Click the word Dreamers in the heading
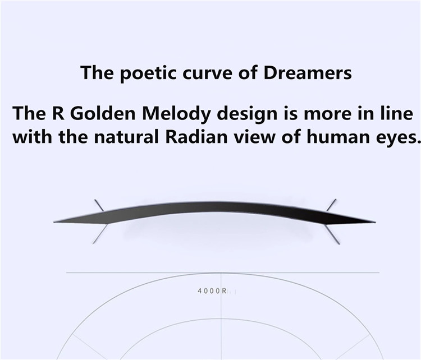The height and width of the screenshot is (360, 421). pyautogui.click(x=308, y=73)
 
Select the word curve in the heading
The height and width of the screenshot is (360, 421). pyautogui.click(x=207, y=75)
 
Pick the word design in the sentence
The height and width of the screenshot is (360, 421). pyautogui.click(x=247, y=115)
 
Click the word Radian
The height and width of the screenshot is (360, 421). pyautogui.click(x=196, y=137)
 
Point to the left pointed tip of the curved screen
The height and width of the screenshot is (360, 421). pyautogui.click(x=54, y=222)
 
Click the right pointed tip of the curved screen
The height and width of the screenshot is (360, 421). pyautogui.click(x=375, y=222)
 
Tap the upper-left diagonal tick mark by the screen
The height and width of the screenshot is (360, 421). pyautogui.click(x=99, y=205)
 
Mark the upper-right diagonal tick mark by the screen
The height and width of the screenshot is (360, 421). pyautogui.click(x=331, y=205)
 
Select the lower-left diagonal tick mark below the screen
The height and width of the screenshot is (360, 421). pyautogui.click(x=100, y=234)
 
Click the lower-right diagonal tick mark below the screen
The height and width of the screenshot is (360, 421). pyautogui.click(x=332, y=234)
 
